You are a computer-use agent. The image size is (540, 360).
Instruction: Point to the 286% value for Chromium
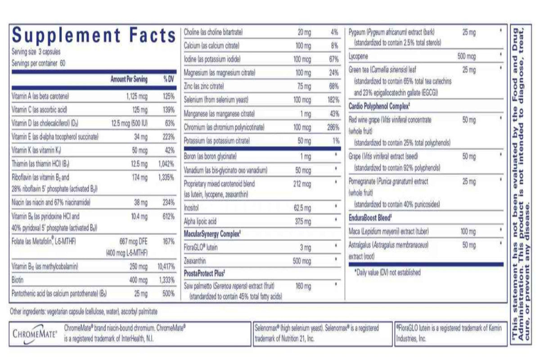333,128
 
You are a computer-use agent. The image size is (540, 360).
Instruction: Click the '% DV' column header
168,79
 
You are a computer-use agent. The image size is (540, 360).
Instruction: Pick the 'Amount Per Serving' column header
129,79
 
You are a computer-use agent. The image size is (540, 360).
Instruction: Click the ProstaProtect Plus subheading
205,272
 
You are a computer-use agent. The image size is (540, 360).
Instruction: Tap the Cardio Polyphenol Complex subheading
379,106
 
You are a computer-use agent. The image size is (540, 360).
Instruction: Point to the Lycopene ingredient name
358,58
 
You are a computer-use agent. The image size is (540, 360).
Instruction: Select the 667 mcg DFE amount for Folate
133,242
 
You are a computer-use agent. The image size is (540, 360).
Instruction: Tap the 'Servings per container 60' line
39,63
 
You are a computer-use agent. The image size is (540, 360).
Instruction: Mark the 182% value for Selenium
333,99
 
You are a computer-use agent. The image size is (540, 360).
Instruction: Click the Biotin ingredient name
18,280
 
